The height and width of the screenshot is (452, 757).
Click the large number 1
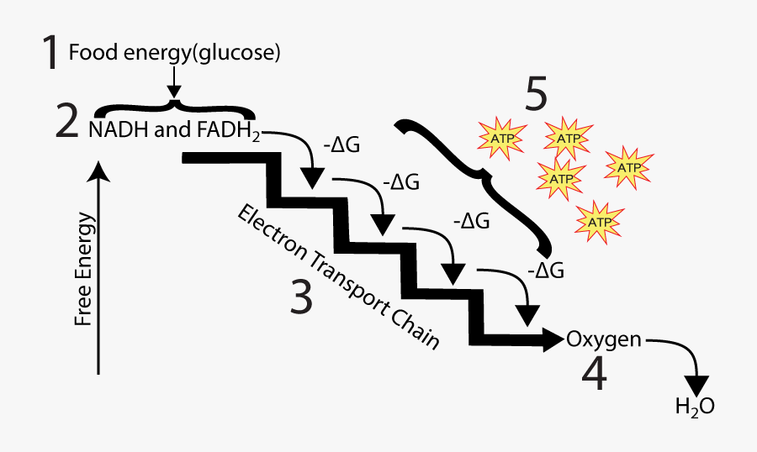51,53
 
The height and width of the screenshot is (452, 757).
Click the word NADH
113,130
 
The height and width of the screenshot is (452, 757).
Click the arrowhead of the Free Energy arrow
100,171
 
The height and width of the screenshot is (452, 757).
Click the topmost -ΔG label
341,144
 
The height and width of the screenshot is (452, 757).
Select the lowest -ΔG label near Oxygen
545,271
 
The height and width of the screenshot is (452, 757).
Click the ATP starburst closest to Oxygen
599,222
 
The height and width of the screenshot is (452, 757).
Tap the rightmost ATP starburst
629,167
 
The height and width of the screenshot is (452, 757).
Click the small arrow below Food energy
174,85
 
